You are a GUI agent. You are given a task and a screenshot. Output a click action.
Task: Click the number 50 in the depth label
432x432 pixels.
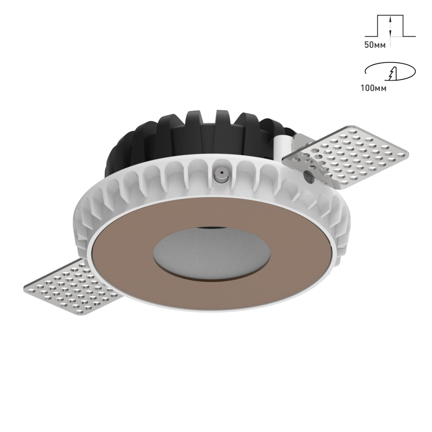click(x=368, y=44)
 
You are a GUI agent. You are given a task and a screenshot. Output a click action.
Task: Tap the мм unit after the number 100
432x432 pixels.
click(x=382, y=88)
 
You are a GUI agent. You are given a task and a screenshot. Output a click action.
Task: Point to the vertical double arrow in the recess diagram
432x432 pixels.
click(x=392, y=26)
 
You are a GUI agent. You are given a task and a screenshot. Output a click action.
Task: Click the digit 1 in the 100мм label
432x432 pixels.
click(x=362, y=88)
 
